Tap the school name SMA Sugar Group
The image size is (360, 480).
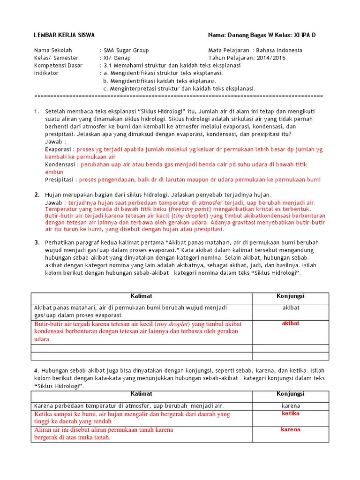coord(126,50)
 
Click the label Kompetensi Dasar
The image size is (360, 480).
coord(59,66)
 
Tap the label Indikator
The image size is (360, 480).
coord(46,73)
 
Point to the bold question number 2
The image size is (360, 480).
coord(36,195)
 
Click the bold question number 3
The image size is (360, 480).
coord(36,242)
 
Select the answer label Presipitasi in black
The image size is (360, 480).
coord(60,180)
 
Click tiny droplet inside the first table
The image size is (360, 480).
coord(168,324)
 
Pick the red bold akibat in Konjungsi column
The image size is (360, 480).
coord(291,323)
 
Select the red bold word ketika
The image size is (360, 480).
coord(291,413)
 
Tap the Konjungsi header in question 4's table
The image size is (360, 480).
coord(291,394)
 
